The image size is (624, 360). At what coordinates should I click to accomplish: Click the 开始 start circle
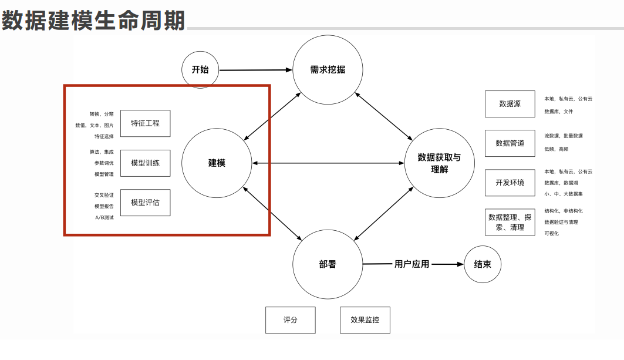click(200, 70)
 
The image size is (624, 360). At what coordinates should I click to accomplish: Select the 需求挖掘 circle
click(328, 70)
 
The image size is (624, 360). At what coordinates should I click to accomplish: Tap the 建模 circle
click(217, 163)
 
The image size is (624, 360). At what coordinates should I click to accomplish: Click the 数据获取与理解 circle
click(439, 163)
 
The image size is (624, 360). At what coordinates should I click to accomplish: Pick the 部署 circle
click(328, 264)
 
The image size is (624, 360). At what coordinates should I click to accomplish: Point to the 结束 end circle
click(483, 264)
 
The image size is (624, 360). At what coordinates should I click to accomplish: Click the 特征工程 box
click(145, 123)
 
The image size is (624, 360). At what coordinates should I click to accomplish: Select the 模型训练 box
click(145, 163)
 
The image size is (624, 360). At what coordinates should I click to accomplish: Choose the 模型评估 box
click(145, 203)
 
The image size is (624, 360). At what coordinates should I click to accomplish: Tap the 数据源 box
click(510, 104)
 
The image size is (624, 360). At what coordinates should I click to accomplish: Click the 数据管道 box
click(510, 143)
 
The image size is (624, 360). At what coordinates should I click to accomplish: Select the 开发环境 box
click(510, 183)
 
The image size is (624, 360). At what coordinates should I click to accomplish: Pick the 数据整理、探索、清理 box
click(510, 222)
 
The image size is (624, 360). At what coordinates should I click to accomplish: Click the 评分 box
click(291, 320)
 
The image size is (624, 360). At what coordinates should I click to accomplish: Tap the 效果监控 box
click(365, 320)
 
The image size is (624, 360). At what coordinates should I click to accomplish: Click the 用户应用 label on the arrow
click(411, 264)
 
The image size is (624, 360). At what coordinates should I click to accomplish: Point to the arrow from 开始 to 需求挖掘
click(255, 70)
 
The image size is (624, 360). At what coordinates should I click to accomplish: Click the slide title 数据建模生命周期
click(93, 21)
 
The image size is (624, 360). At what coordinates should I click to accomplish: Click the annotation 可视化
click(551, 234)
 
